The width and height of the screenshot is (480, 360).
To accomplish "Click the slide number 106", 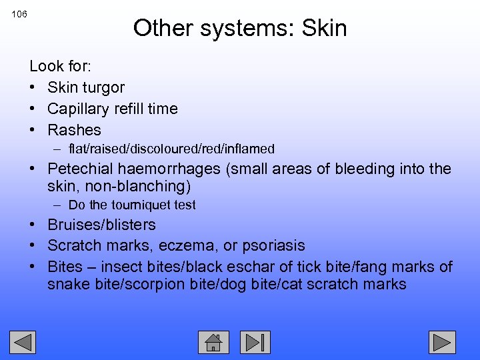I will pos(19,14).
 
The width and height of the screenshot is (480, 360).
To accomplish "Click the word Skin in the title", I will pos(324,28).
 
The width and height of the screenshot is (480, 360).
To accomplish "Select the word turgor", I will pos(103,87).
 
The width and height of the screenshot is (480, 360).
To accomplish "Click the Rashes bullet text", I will pos(74,130).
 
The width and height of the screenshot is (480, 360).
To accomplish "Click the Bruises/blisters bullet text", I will pos(101,225).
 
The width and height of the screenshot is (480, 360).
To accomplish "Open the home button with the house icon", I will pos(213,342).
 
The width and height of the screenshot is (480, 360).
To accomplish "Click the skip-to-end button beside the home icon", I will pos(255,342).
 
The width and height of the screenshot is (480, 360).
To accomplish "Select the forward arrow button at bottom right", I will pos(441,342).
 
